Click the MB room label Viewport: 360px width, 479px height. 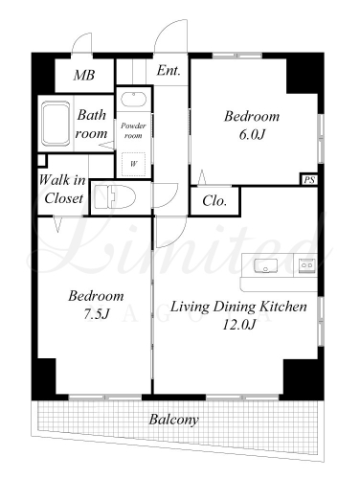click(x=84, y=76)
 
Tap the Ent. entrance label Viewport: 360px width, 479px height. click(x=169, y=70)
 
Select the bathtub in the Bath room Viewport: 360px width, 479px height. click(x=56, y=124)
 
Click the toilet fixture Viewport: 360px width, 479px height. click(x=115, y=197)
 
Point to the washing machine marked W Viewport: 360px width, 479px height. click(x=133, y=164)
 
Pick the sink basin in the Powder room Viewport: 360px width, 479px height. click(x=134, y=100)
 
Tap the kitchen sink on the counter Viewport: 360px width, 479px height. click(x=265, y=265)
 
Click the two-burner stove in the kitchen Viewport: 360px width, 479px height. click(x=307, y=265)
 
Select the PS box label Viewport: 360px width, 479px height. click(x=309, y=180)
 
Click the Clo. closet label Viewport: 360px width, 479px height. click(x=214, y=201)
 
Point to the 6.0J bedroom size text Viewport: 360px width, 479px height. click(x=252, y=134)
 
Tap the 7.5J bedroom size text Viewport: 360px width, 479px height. click(x=96, y=314)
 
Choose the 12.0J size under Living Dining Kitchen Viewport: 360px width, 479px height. click(x=238, y=325)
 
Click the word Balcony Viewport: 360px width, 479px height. click(x=174, y=420)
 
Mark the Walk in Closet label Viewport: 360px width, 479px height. click(x=62, y=190)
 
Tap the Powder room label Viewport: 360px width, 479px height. click(x=133, y=130)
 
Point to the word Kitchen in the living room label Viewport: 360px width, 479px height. click(x=282, y=307)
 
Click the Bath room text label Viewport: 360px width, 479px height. click(x=91, y=124)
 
